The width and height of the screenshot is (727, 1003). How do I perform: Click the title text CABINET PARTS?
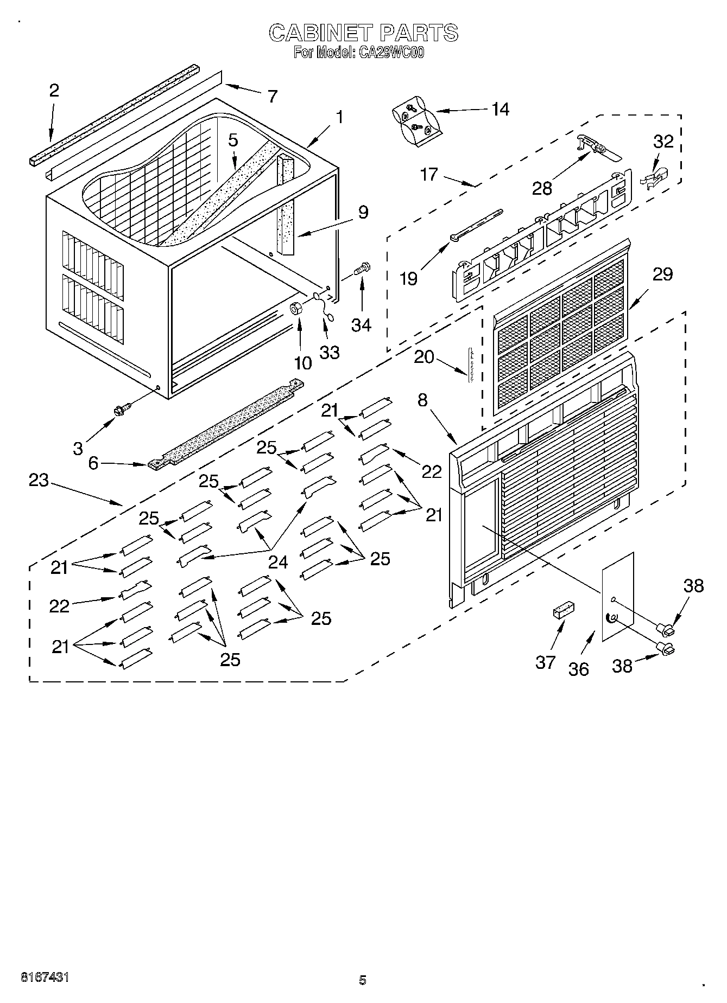click(x=363, y=33)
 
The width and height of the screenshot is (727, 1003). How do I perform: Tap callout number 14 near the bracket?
click(x=500, y=109)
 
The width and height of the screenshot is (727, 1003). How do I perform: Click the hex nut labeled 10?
click(x=297, y=309)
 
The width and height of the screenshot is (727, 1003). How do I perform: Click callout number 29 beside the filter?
click(x=662, y=274)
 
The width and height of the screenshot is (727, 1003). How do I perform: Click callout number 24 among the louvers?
click(x=278, y=561)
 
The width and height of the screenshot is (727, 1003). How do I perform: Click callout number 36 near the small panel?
click(x=579, y=669)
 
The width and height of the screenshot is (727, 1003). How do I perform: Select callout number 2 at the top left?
click(x=54, y=90)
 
